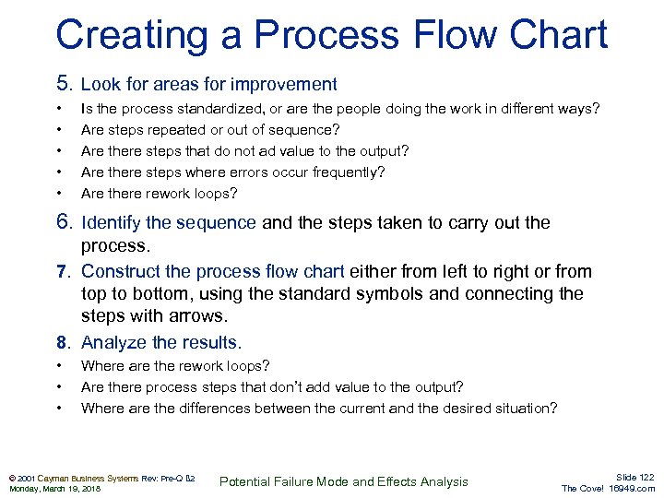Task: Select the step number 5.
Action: pos(64,84)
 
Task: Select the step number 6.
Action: pos(64,222)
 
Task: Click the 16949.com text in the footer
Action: pos(632,489)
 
